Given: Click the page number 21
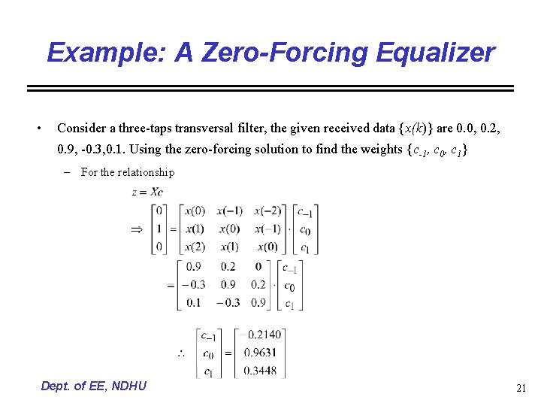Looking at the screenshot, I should click(x=521, y=388).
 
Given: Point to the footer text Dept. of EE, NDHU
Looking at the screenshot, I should click(x=94, y=386).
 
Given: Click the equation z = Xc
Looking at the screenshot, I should click(x=148, y=192).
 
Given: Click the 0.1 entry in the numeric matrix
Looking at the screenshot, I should click(x=193, y=303).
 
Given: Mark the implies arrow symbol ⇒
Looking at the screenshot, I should click(x=138, y=229).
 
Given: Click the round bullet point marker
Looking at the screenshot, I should click(x=39, y=128).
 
